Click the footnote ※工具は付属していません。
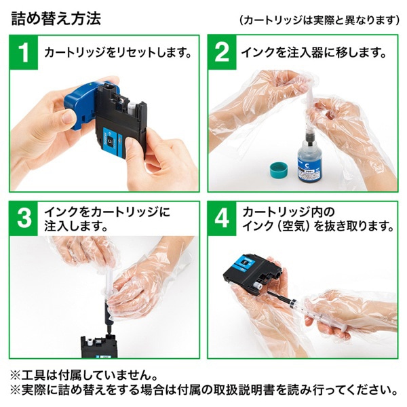coord(85,374)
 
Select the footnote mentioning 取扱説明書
coord(203,391)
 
